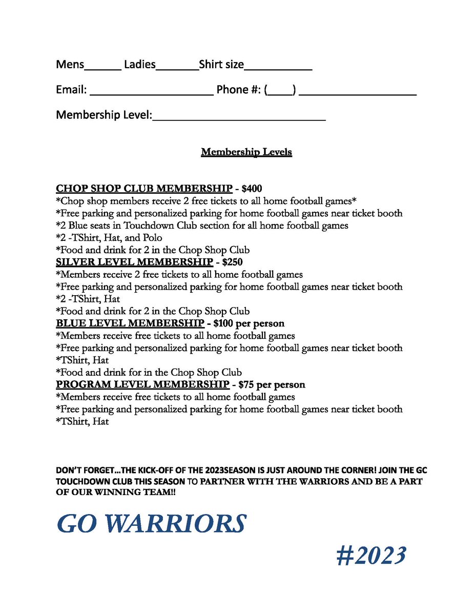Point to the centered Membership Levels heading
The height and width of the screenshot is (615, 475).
click(246, 152)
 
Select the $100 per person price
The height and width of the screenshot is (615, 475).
click(249, 323)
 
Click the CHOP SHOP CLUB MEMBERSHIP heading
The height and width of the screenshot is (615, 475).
click(143, 189)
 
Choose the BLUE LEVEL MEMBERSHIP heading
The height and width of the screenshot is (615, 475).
click(130, 323)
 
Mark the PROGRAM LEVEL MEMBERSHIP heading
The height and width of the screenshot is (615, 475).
click(142, 384)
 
